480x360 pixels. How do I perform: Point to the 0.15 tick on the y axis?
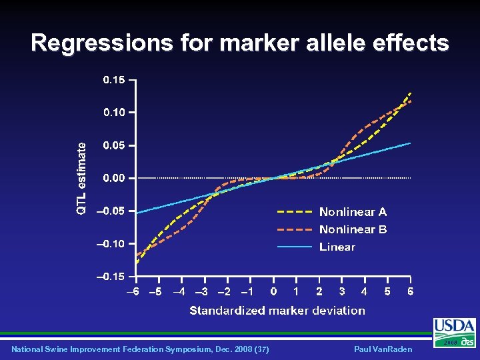coord(113,80)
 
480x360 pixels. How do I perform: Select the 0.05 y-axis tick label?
coord(113,145)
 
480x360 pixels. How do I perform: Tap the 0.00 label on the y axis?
coord(113,178)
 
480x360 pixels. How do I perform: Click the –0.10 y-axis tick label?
coord(110,244)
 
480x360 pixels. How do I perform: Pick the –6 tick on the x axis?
coord(134,292)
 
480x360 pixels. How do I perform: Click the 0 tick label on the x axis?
coord(273,292)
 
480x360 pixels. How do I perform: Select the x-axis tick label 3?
coord(342,292)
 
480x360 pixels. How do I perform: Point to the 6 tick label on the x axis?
coord(411,292)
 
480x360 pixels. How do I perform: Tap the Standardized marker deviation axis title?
coord(277,311)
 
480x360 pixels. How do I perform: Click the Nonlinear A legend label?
coord(353,212)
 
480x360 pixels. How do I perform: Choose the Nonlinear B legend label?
coord(353,229)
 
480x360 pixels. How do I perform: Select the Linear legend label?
coord(337,247)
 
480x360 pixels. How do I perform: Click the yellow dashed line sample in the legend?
coord(295,212)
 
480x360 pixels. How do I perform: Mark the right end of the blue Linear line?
coord(410,143)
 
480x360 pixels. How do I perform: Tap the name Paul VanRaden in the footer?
coord(383,349)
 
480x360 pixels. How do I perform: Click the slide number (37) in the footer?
coord(262,349)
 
